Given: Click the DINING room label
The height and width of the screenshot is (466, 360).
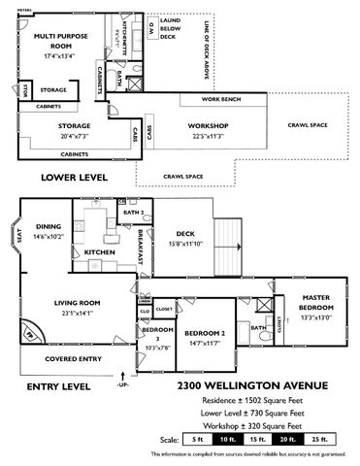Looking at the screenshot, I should pyautogui.click(x=48, y=231).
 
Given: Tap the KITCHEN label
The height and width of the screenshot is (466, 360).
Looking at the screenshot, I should pyautogui.click(x=100, y=251).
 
